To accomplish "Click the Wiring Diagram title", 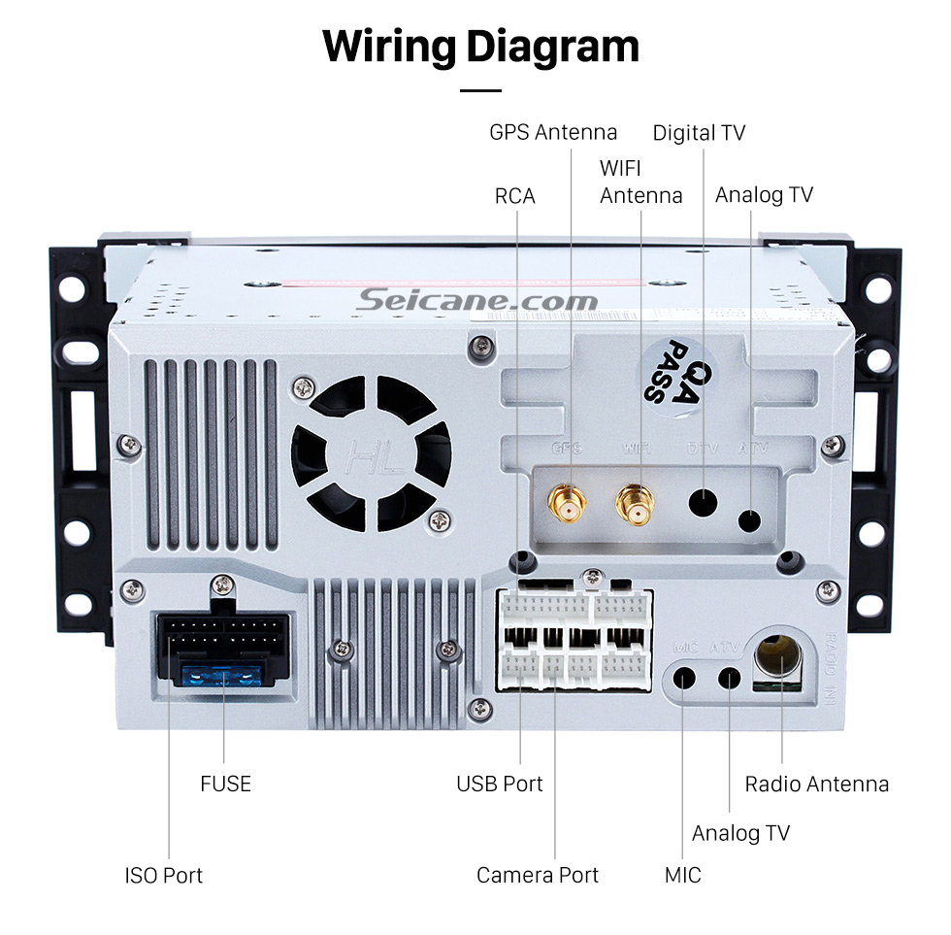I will coord(480,46).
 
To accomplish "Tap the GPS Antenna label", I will coord(552,132).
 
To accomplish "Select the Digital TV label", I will coord(699,132).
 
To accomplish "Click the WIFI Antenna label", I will coord(640,182).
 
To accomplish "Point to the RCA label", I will coord(514,195).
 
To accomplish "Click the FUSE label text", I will coord(225,784).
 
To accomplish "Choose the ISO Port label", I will coord(163,875).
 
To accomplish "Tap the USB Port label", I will coord(500,784).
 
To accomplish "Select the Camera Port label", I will coord(537,875).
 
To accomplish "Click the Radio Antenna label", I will coord(816,784).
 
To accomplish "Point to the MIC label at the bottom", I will coord(682,875).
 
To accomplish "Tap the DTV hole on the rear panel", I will coord(703,503).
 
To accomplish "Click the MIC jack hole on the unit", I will coord(685,677).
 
